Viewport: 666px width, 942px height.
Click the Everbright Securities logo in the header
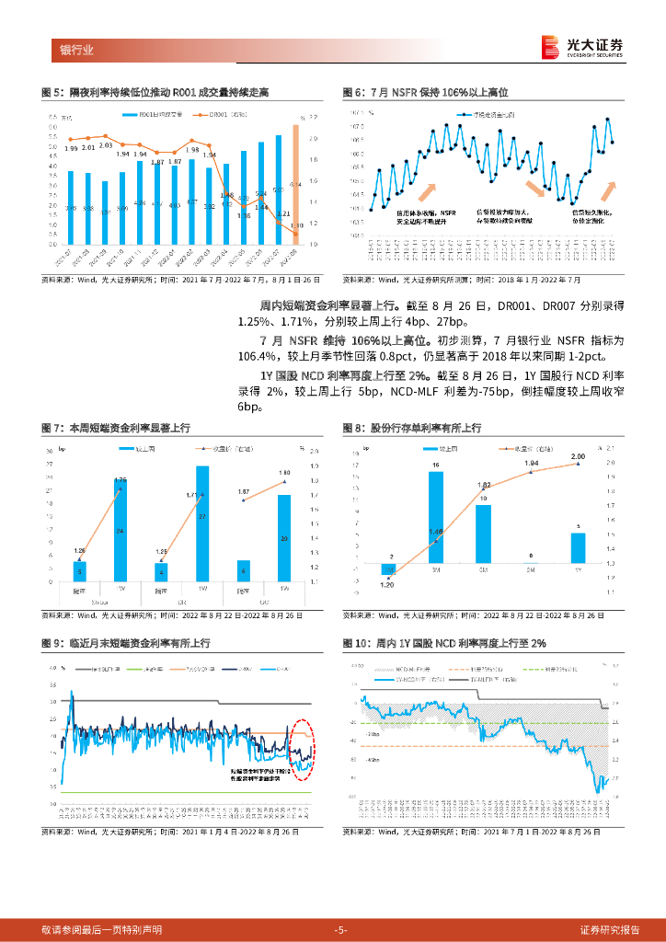[583, 47]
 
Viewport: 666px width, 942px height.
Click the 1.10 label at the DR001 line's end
[296, 225]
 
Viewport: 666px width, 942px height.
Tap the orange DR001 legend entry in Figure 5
[218, 114]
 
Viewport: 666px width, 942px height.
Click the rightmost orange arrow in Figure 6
[609, 190]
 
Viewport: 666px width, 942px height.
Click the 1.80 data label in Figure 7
[284, 472]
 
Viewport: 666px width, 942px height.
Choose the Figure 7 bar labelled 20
[284, 537]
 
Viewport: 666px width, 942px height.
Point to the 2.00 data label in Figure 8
[578, 456]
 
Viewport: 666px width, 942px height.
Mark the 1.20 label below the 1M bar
[387, 584]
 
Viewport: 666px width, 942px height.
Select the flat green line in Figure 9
[184, 792]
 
